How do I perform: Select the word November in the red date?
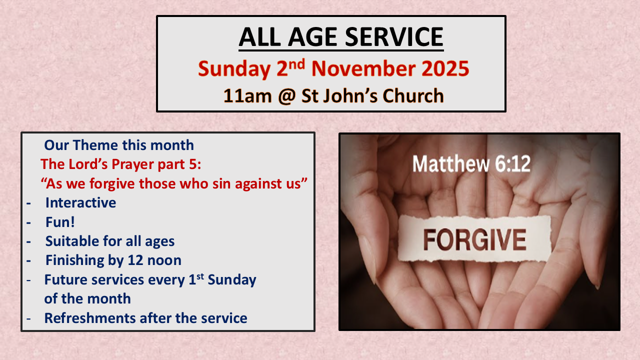363,69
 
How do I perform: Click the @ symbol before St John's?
286,95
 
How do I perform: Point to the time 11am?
247,95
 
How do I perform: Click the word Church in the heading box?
413,95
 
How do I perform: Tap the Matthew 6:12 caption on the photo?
471,163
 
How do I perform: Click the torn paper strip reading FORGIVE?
474,238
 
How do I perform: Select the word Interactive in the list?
81,202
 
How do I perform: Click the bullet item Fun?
60,222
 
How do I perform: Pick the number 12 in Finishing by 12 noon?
135,260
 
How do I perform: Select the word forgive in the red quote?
112,183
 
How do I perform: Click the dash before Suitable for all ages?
28,241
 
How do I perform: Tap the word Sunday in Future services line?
232,279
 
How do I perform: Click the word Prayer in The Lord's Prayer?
133,164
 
